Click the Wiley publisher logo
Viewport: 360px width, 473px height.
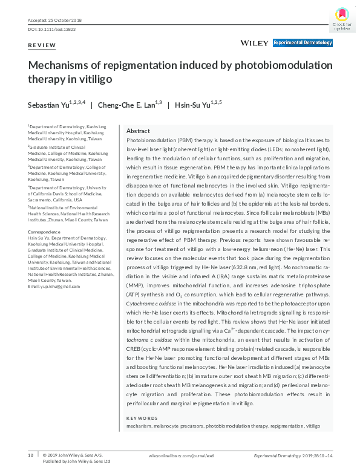click(254, 43)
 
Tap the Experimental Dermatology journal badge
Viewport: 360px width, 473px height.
click(303, 43)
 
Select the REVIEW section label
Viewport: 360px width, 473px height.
click(42, 45)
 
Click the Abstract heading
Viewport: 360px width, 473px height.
click(138, 131)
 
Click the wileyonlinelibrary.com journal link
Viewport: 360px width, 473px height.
click(173, 455)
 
